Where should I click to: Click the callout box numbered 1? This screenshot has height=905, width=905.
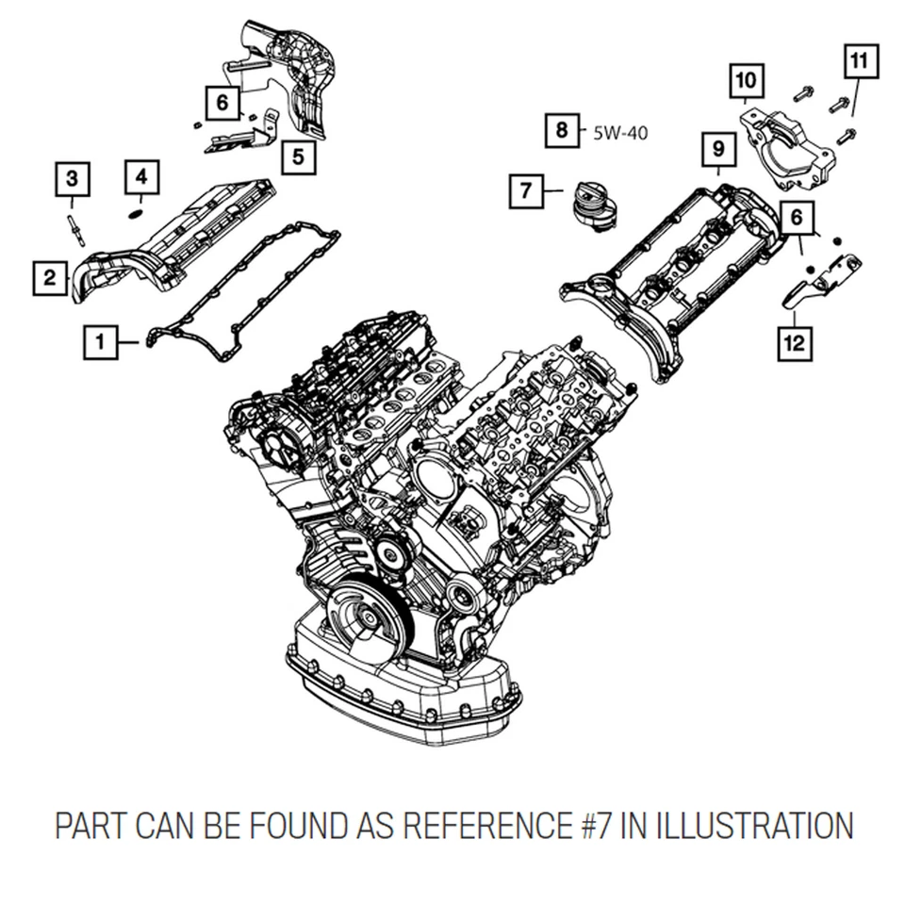(101, 342)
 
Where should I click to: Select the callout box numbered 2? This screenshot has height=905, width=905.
(50, 277)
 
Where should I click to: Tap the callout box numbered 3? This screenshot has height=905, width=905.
(73, 178)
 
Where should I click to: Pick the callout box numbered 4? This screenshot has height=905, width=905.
(140, 176)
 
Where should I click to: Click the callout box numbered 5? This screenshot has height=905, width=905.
(298, 156)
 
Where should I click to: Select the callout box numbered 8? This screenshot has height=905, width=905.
(562, 130)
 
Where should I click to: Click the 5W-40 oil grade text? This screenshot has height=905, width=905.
(620, 132)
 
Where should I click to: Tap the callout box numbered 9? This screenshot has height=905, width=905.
(717, 149)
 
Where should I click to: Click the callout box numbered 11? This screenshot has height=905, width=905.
(858, 63)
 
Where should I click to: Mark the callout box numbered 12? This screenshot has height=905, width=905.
(794, 341)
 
